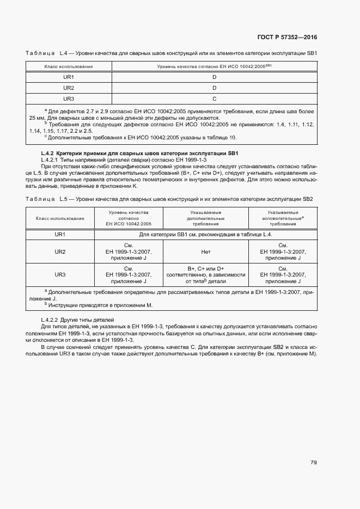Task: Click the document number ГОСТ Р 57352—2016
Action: click(288, 37)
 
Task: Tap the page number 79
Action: click(314, 463)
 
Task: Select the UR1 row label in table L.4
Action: click(69, 77)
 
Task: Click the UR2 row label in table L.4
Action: click(69, 88)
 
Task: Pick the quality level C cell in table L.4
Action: click(215, 99)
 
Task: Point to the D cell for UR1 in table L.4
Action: click(215, 77)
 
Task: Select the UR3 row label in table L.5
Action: click(60, 275)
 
